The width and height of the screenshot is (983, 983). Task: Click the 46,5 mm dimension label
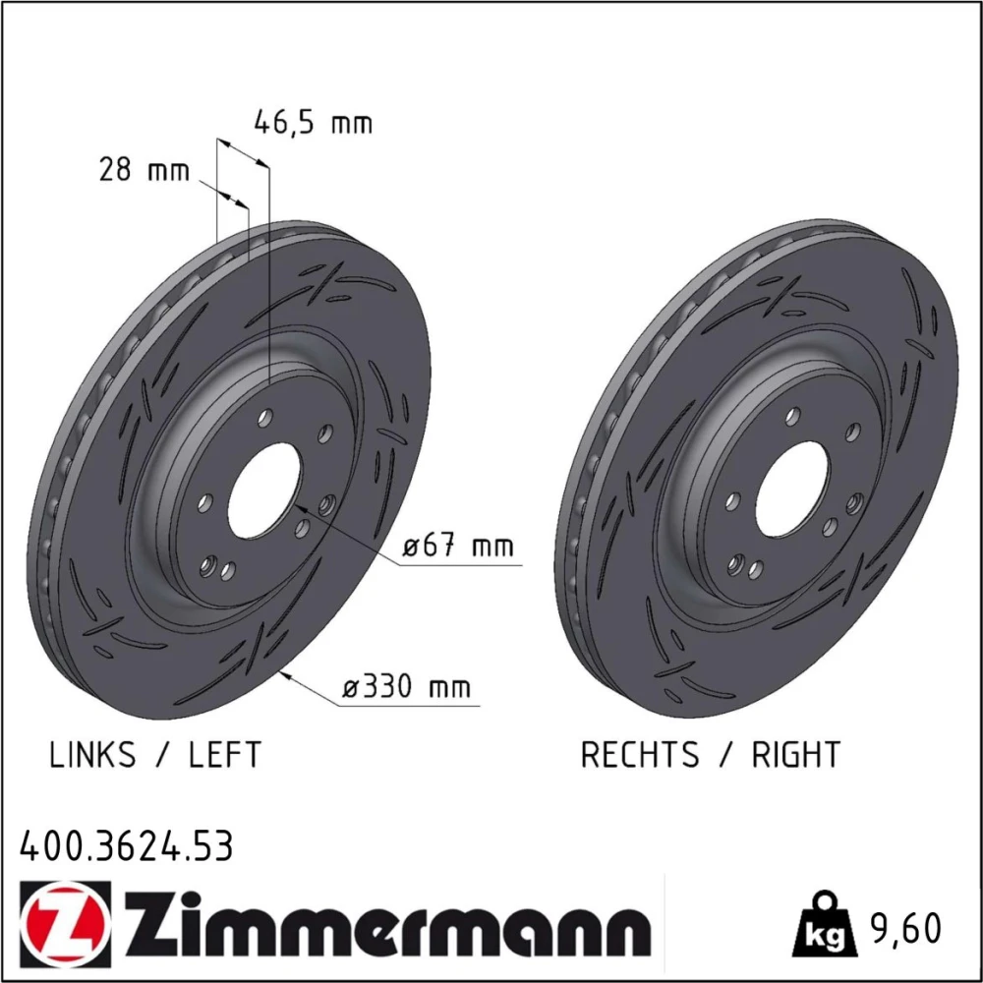click(313, 123)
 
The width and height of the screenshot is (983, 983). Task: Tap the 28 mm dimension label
click(144, 170)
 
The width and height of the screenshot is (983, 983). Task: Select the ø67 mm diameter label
click(458, 546)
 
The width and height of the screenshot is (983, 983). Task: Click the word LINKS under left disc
click(92, 754)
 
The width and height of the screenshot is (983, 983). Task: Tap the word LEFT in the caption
click(224, 754)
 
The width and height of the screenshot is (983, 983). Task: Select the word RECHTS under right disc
click(640, 754)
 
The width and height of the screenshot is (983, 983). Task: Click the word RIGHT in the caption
click(795, 754)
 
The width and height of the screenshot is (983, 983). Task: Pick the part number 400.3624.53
click(126, 845)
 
